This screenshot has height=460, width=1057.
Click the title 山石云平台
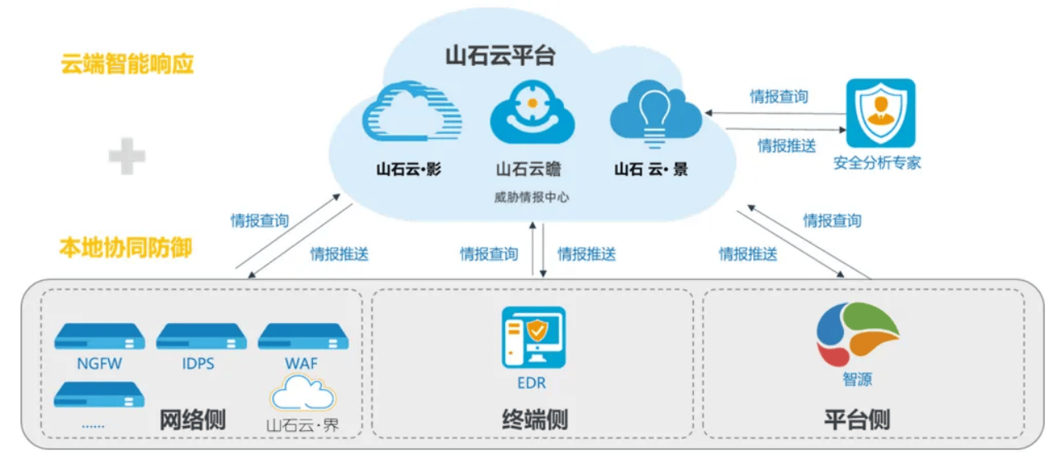tap(500, 55)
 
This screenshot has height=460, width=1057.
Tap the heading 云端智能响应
tap(127, 64)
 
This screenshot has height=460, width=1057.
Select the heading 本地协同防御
tap(126, 247)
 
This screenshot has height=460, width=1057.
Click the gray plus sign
tap(127, 156)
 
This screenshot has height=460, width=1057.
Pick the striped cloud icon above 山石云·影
tap(410, 114)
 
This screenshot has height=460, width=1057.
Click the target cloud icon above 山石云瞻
tap(532, 114)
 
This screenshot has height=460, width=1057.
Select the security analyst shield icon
tap(880, 112)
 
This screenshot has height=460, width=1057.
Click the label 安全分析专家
tap(877, 163)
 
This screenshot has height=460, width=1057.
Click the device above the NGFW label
tap(99, 337)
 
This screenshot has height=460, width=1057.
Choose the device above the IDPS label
tap(201, 337)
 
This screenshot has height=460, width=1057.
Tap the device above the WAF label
tap(302, 337)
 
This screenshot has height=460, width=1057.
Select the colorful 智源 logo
tap(857, 334)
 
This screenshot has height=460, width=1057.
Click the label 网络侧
tap(192, 419)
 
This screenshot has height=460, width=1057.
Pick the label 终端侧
tap(534, 419)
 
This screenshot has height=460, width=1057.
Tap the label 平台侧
tap(856, 419)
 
